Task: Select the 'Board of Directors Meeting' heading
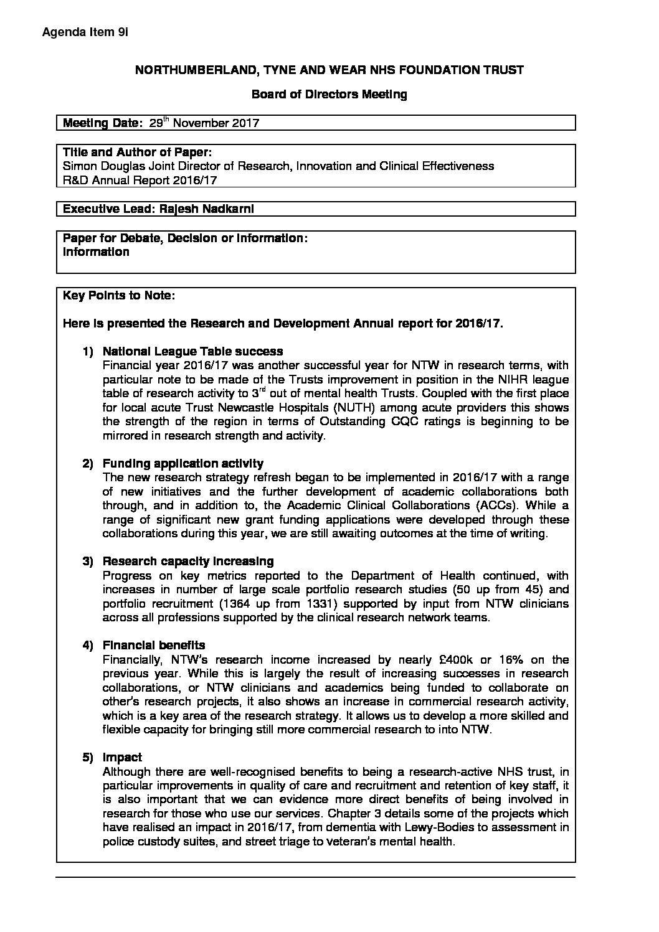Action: click(x=329, y=95)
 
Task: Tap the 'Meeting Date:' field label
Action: click(x=103, y=123)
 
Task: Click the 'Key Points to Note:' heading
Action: click(x=119, y=296)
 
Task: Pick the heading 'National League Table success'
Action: click(x=192, y=352)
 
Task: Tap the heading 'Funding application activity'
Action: click(x=183, y=464)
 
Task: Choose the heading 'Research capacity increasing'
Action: click(x=188, y=562)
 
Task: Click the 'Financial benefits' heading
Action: click(x=154, y=646)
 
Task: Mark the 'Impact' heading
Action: click(x=122, y=758)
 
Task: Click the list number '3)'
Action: click(x=88, y=562)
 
